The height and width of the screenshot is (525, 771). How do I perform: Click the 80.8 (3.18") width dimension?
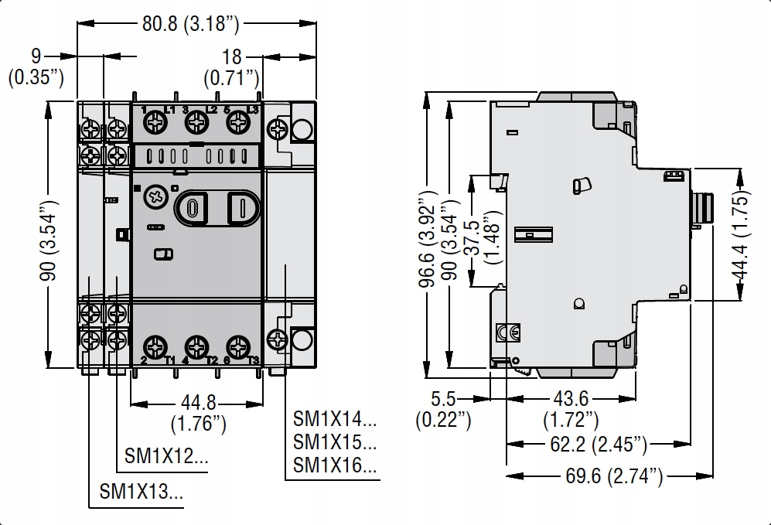191,24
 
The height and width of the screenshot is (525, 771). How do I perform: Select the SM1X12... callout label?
166,456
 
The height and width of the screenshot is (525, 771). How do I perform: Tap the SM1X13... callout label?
141,491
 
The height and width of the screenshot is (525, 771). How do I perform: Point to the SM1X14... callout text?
335,419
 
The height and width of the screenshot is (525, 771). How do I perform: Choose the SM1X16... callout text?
335,465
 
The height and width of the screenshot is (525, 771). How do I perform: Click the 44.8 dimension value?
198,403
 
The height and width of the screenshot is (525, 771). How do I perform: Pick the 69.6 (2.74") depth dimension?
614,476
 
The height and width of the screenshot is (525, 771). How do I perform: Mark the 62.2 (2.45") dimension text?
599,445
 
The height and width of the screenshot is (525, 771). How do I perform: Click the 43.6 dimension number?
571,398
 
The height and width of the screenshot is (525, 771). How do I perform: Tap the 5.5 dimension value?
443,398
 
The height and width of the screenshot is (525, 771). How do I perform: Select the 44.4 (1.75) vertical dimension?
741,234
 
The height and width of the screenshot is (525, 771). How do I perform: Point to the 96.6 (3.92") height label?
428,238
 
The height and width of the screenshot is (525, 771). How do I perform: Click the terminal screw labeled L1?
155,121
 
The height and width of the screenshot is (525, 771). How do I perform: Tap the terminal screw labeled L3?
238,121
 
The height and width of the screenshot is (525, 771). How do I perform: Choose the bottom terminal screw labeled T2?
196,347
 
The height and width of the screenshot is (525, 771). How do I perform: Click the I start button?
243,209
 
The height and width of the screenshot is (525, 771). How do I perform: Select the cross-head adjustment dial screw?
156,198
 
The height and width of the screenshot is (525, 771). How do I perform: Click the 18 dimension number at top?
231,57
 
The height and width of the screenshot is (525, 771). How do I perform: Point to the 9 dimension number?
36,56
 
